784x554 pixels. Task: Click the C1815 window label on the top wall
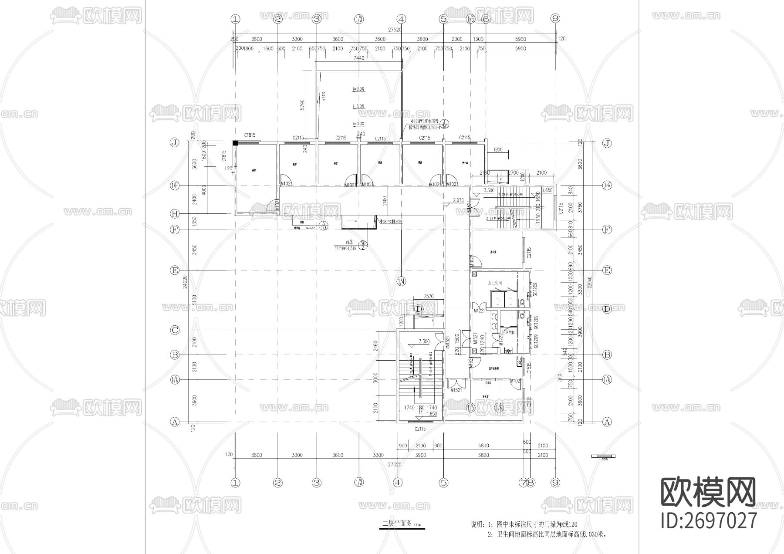click(x=250, y=135)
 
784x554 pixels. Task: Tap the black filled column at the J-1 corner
click(x=235, y=143)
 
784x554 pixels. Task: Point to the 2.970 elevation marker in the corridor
click(x=458, y=200)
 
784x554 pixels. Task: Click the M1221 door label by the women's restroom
click(x=479, y=311)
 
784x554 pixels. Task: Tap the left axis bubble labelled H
click(x=175, y=214)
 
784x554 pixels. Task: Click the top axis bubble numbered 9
click(x=554, y=19)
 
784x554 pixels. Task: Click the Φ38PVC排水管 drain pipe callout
click(x=391, y=222)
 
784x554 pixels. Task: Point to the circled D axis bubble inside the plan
click(x=419, y=309)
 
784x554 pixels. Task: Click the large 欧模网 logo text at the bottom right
click(x=708, y=492)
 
